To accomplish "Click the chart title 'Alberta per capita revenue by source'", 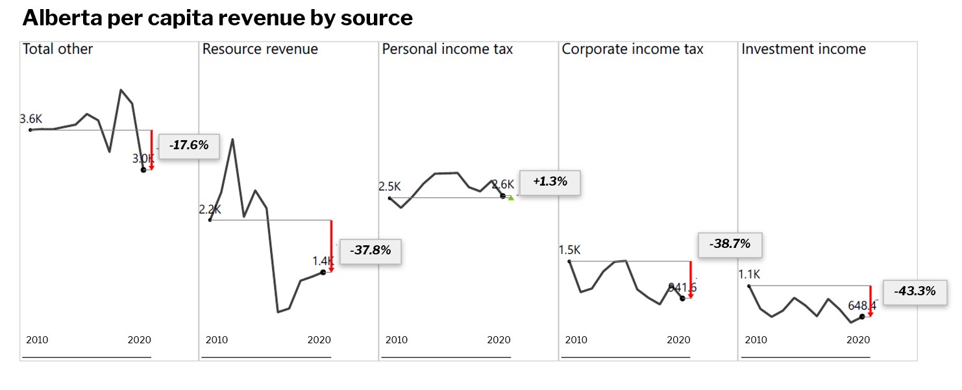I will pyautogui.click(x=217, y=18).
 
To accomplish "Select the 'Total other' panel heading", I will pyautogui.click(x=58, y=49).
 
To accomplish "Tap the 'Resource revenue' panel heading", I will pyautogui.click(x=260, y=49).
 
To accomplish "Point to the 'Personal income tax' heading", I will pyautogui.click(x=447, y=49).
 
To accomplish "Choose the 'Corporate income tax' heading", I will pyautogui.click(x=632, y=49).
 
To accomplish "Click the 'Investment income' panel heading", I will pyautogui.click(x=804, y=49).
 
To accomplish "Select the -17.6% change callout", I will pyautogui.click(x=189, y=146).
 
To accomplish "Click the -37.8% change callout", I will pyautogui.click(x=370, y=250).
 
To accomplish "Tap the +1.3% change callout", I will pyautogui.click(x=550, y=182).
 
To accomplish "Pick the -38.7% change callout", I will pyautogui.click(x=730, y=245).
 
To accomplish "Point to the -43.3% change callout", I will pyautogui.click(x=915, y=292).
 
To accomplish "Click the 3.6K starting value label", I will pyautogui.click(x=31, y=119).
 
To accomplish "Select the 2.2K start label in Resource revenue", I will pyautogui.click(x=210, y=210).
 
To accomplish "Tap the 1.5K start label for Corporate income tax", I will pyautogui.click(x=569, y=250).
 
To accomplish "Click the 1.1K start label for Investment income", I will pyautogui.click(x=749, y=274).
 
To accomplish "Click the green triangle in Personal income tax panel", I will pyautogui.click(x=511, y=198).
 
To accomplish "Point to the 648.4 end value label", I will pyautogui.click(x=862, y=305).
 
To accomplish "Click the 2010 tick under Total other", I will pyautogui.click(x=37, y=340).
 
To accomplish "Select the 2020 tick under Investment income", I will pyautogui.click(x=858, y=340).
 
